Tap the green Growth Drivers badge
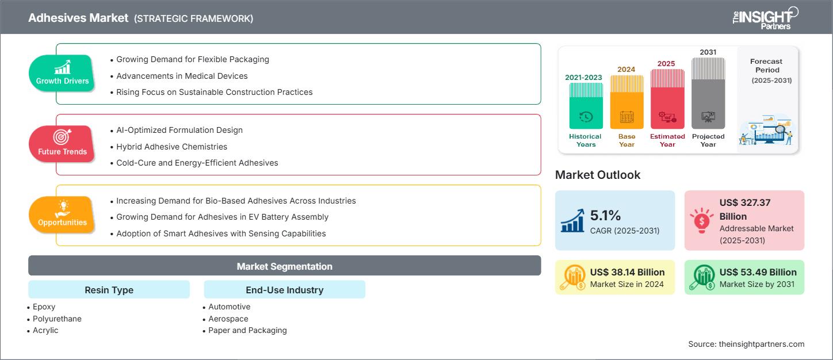(x=62, y=73)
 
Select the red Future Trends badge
(x=62, y=144)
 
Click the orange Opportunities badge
(x=62, y=215)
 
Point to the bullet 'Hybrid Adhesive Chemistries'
(x=171, y=147)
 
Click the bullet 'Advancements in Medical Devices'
(x=182, y=76)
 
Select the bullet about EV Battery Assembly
(x=222, y=217)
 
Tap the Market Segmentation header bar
(x=284, y=266)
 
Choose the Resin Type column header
(x=109, y=290)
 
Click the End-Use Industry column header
(x=284, y=290)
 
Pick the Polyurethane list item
(x=57, y=319)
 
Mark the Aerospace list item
(x=228, y=319)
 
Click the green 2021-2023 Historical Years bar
(x=586, y=106)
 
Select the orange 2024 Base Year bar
(x=626, y=102)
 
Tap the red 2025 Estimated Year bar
(x=667, y=99)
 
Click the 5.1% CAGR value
(x=606, y=216)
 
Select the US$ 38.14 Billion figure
(x=627, y=272)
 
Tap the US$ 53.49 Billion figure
(x=758, y=272)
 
